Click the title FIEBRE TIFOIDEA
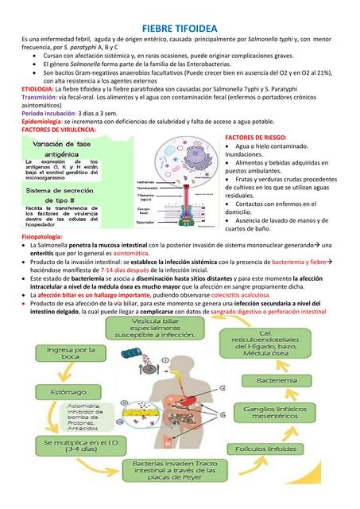click(x=179, y=27)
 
